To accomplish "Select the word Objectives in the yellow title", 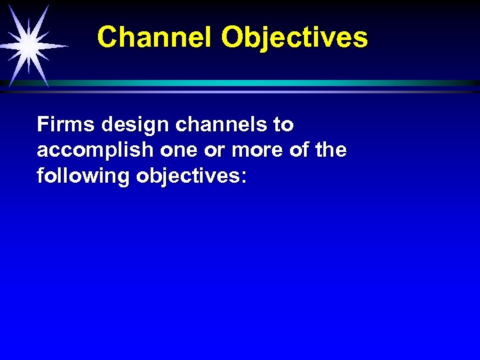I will click(295, 38).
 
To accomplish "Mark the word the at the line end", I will click(332, 151).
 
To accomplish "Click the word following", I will click(84, 177).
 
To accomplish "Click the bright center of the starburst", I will click(28, 45).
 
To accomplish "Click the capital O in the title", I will click(232, 37).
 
